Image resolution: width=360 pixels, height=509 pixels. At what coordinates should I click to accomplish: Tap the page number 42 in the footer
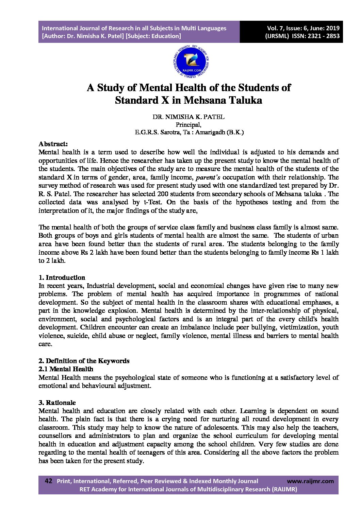pyautogui.click(x=48, y=481)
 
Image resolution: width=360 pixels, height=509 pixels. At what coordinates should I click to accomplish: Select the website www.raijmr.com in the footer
pyautogui.click(x=310, y=481)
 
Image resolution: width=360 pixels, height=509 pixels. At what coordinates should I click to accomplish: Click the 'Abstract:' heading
pyautogui.click(x=53, y=144)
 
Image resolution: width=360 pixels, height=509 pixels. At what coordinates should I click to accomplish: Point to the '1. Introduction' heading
pyautogui.click(x=62, y=277)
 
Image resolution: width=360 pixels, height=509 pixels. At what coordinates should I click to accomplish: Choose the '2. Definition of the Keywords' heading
pyautogui.click(x=84, y=361)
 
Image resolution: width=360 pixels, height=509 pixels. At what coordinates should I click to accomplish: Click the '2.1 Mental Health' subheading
pyautogui.click(x=66, y=369)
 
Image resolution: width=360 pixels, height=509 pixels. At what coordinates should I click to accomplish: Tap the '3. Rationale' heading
pyautogui.click(x=57, y=403)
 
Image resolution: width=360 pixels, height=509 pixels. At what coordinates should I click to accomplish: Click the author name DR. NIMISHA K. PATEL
pyautogui.click(x=189, y=117)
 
